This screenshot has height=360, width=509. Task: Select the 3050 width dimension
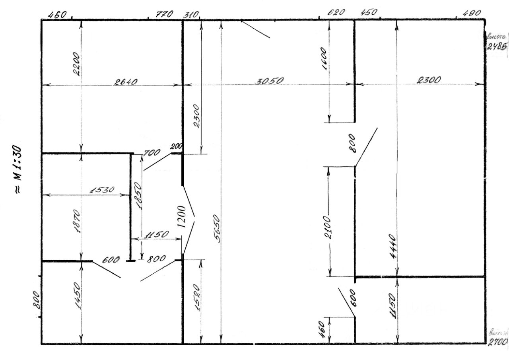pyautogui.click(x=270, y=81)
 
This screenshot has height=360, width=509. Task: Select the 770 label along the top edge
pyautogui.click(x=164, y=14)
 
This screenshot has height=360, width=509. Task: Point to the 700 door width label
pyautogui.click(x=152, y=152)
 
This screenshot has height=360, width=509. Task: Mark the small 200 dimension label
pyautogui.click(x=175, y=146)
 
